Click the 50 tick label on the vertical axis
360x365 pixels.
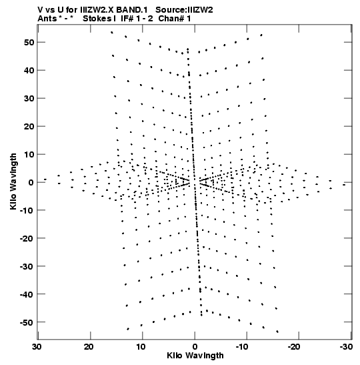coord(29,42)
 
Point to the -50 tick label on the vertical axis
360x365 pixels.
coord(27,322)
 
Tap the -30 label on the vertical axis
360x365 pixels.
coord(27,266)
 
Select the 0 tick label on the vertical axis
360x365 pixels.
coord(31,183)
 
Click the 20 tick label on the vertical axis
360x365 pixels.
coord(29,126)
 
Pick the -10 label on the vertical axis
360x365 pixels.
coord(27,210)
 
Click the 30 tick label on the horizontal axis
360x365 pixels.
coord(37,347)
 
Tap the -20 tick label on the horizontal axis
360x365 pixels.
coord(295,347)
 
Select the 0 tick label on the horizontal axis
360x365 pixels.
coord(195,347)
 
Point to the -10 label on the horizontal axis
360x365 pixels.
coord(243,347)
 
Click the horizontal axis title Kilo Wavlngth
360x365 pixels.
coord(195,356)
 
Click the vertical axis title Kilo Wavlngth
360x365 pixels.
coord(13,181)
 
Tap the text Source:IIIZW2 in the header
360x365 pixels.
coord(184,10)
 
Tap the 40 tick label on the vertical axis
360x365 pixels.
coord(29,70)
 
